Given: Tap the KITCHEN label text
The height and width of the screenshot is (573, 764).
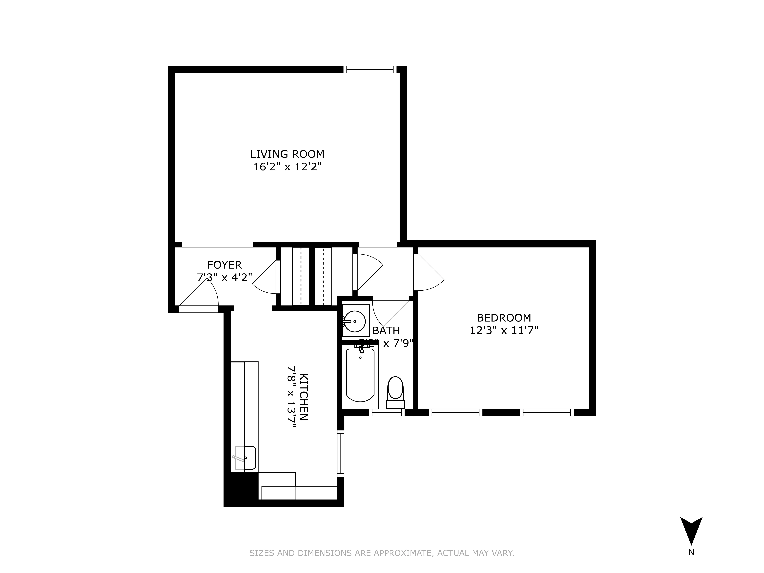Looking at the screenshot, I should pyautogui.click(x=303, y=397).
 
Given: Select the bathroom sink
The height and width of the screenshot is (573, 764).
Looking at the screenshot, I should pyautogui.click(x=355, y=321).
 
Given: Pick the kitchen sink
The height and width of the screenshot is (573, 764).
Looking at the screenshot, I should pyautogui.click(x=245, y=458).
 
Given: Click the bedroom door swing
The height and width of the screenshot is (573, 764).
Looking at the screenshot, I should pyautogui.click(x=429, y=273).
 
